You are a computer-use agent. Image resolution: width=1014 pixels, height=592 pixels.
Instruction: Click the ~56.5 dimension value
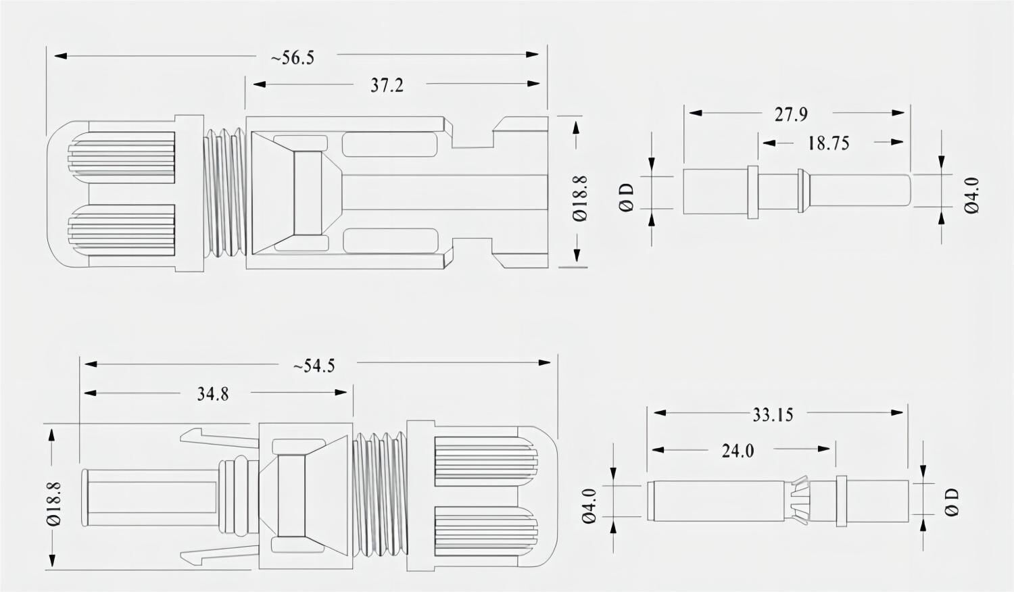(293, 57)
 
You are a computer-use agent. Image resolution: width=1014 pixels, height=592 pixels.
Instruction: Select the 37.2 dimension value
(387, 86)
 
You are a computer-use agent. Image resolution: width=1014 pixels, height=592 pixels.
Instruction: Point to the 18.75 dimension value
(828, 143)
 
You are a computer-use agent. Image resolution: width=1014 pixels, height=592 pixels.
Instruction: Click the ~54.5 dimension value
(314, 366)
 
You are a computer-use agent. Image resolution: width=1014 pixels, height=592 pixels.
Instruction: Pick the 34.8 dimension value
(212, 394)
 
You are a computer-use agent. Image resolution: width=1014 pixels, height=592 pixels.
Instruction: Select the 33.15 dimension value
(773, 414)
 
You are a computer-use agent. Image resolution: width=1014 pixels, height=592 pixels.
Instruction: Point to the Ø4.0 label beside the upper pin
(971, 196)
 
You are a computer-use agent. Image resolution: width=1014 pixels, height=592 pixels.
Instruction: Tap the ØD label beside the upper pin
(627, 197)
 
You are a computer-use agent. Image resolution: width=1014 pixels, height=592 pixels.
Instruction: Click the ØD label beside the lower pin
(952, 502)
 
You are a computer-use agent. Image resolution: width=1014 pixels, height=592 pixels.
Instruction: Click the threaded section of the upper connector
(224, 193)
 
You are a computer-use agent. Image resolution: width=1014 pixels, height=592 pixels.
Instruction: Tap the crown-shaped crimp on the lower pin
(801, 500)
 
